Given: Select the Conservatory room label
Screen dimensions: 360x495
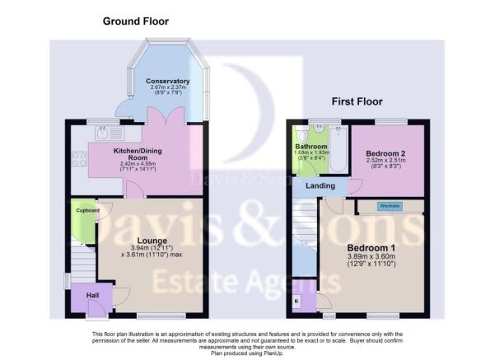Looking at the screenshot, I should coord(169,81).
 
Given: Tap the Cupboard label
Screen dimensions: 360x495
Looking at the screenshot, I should coord(87,211).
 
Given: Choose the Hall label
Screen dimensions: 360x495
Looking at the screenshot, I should coord(83,294).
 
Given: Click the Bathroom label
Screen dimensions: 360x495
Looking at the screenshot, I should coord(311,147).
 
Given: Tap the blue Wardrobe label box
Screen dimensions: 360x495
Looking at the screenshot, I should coord(390,206).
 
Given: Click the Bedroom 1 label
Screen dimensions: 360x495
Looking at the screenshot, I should coord(370,249).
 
